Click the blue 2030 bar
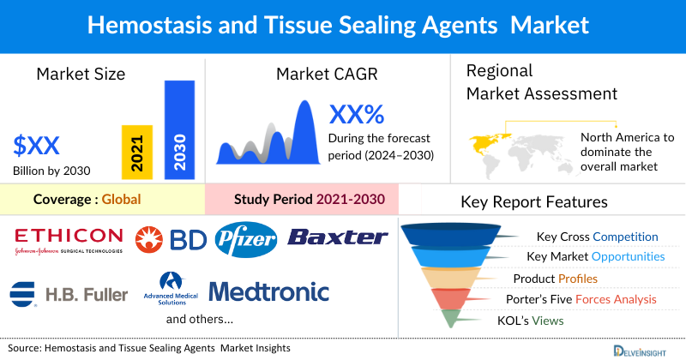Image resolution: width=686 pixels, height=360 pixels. click(179, 129)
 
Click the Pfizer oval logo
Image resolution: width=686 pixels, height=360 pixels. click(246, 238)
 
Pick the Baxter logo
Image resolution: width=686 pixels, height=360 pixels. click(338, 237)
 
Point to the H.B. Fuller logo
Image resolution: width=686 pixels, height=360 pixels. click(69, 293)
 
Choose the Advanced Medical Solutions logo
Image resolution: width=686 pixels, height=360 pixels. click(175, 291)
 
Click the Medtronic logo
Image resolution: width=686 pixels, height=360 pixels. click(268, 291)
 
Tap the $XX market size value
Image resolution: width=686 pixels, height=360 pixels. click(37, 144)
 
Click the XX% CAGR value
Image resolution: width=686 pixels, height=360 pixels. click(357, 114)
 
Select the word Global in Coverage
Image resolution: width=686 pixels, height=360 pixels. click(121, 200)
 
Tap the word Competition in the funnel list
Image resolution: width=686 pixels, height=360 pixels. click(625, 237)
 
